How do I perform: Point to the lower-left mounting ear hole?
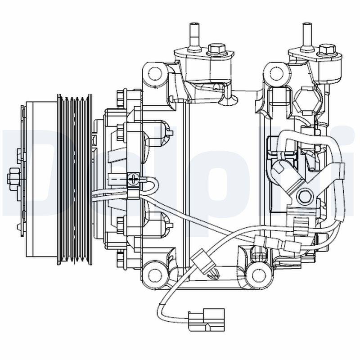pyautogui.click(x=155, y=272)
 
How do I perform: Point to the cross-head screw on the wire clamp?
pyautogui.click(x=133, y=179)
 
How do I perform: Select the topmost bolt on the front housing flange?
pyautogui.click(x=120, y=95)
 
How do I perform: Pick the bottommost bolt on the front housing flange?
pyautogui.click(x=120, y=258)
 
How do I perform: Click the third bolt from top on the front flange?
pyautogui.click(x=120, y=223)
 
